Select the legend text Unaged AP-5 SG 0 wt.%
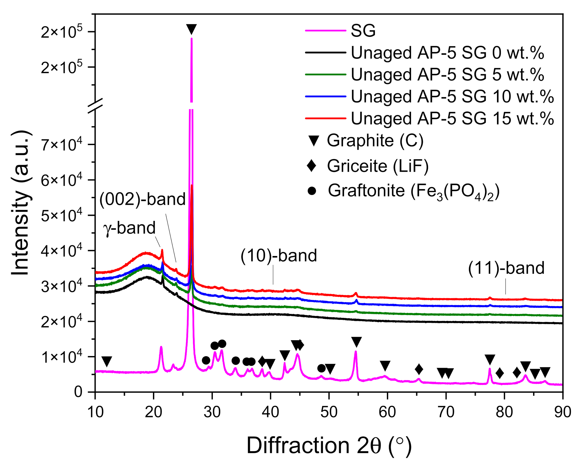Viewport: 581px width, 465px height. [447, 53]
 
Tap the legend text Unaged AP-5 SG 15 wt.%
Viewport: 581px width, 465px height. [452, 118]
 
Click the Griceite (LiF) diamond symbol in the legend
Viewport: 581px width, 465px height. [311, 165]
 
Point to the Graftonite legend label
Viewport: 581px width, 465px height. [414, 191]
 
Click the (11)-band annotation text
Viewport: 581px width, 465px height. [506, 268]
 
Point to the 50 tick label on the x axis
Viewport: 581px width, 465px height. [329, 412]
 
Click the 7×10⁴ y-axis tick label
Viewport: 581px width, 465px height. [61, 146]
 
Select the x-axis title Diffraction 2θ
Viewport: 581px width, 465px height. [329, 446]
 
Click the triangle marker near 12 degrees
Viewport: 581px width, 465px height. [107, 361]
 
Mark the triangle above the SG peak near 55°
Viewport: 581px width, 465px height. [356, 341]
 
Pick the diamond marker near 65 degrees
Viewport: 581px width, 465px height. [419, 369]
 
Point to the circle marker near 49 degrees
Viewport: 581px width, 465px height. [321, 368]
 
